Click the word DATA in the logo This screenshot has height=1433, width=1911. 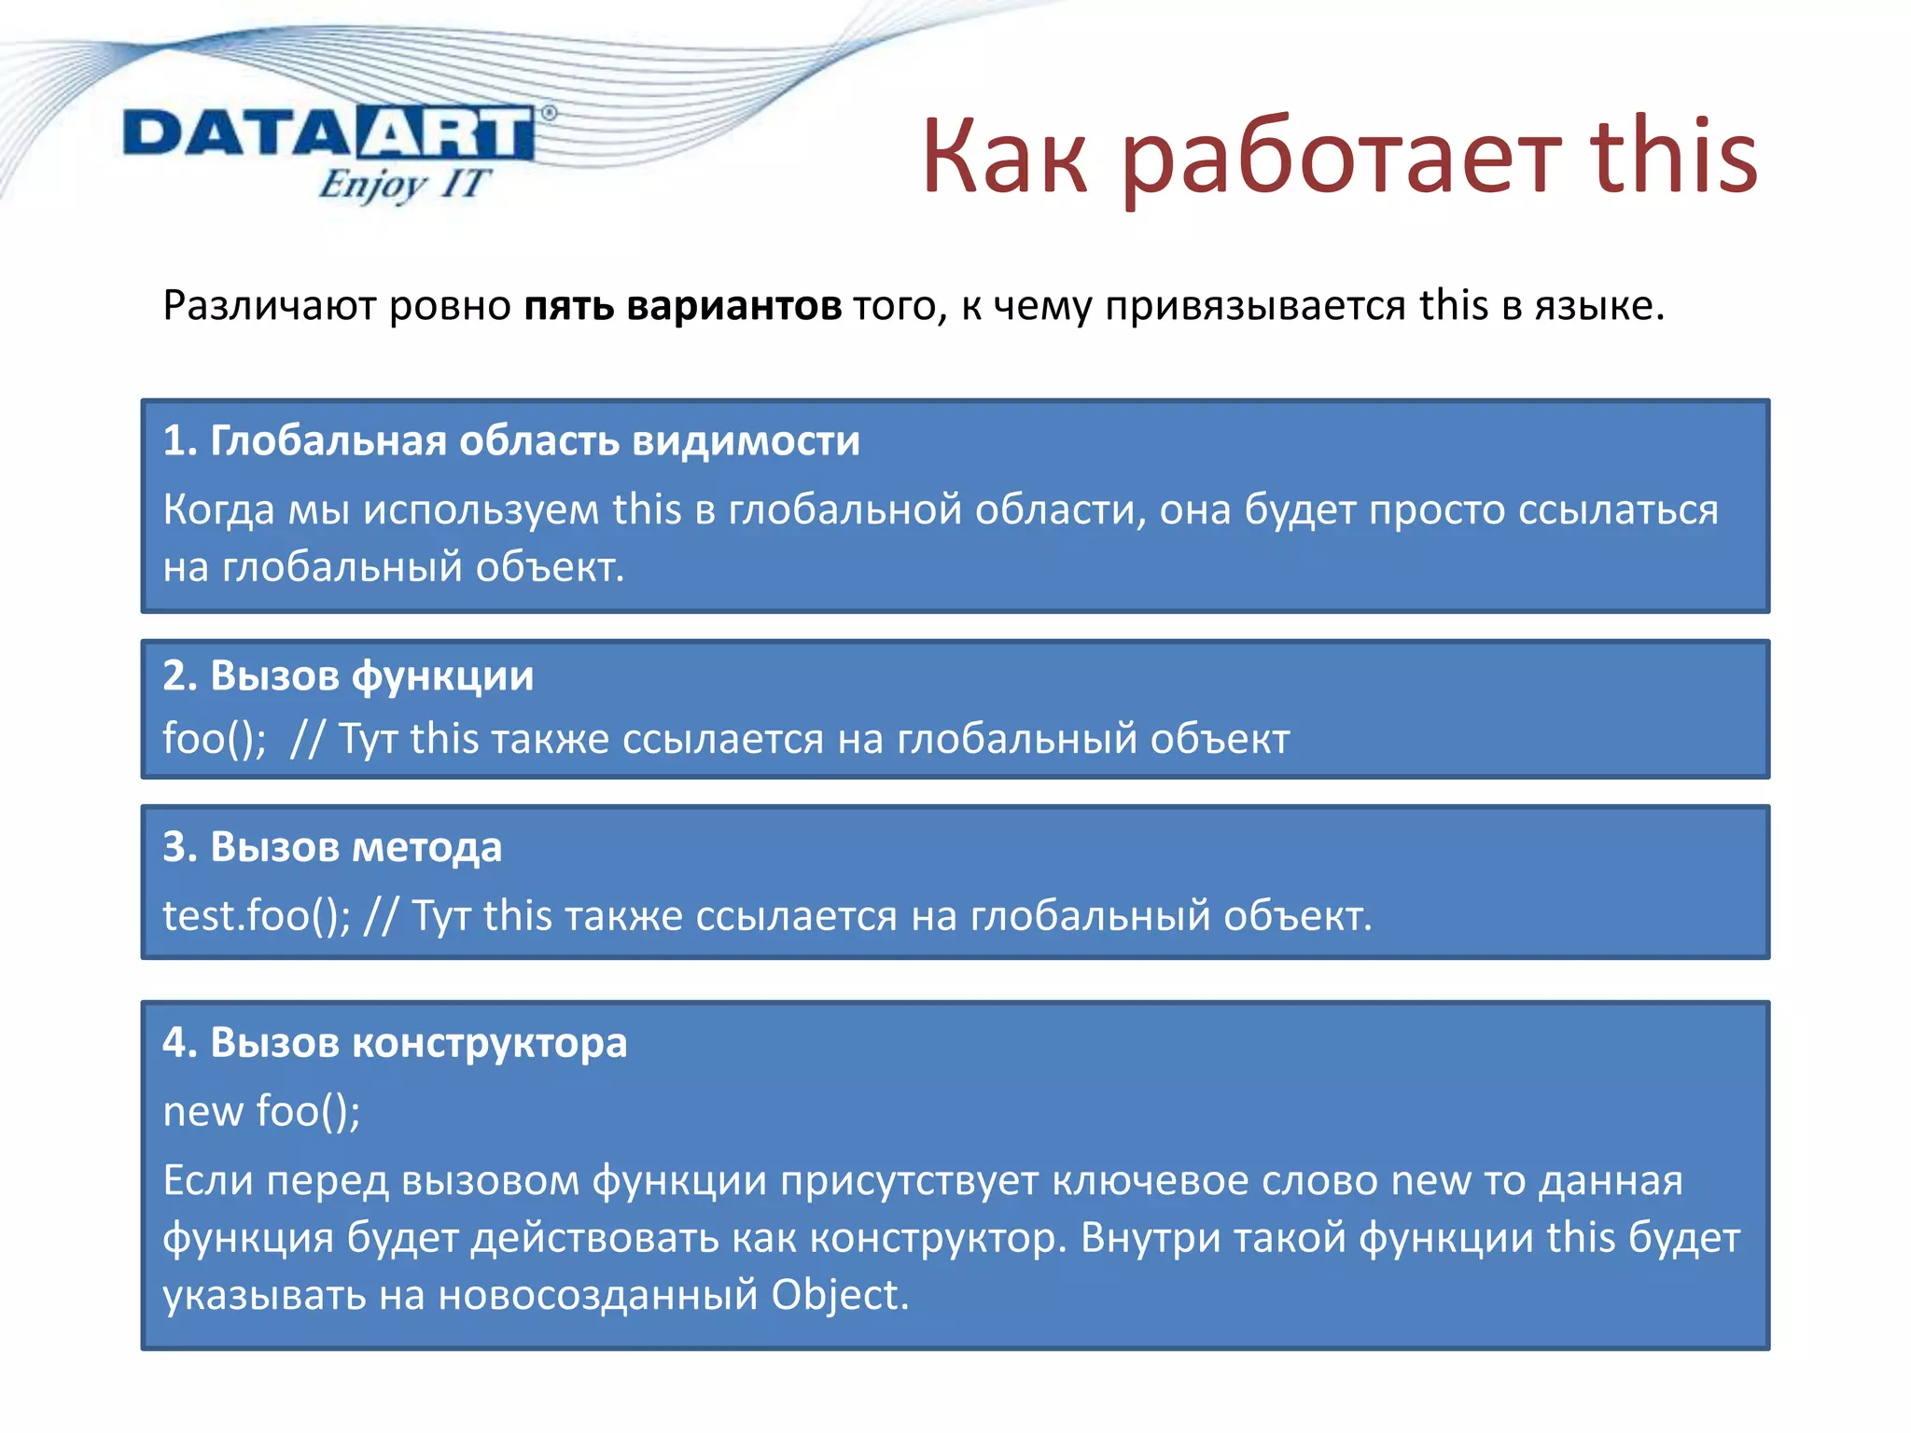click(x=238, y=133)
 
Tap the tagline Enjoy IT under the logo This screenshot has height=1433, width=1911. click(x=402, y=184)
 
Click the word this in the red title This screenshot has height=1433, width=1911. click(x=1673, y=156)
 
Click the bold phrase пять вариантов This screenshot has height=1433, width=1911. click(x=682, y=306)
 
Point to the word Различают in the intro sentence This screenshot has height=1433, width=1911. click(x=269, y=306)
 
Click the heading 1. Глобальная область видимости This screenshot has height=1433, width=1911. click(x=510, y=440)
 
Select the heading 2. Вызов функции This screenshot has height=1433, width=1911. click(x=348, y=675)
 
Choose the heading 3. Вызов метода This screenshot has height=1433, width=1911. click(x=332, y=847)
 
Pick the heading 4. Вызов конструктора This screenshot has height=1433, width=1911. click(x=395, y=1043)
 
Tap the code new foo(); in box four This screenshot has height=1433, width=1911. click(x=261, y=1111)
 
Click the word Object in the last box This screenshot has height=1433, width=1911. click(x=839, y=1295)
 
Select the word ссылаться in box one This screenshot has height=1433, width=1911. click(x=1617, y=509)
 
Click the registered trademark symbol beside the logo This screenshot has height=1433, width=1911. click(x=549, y=113)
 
